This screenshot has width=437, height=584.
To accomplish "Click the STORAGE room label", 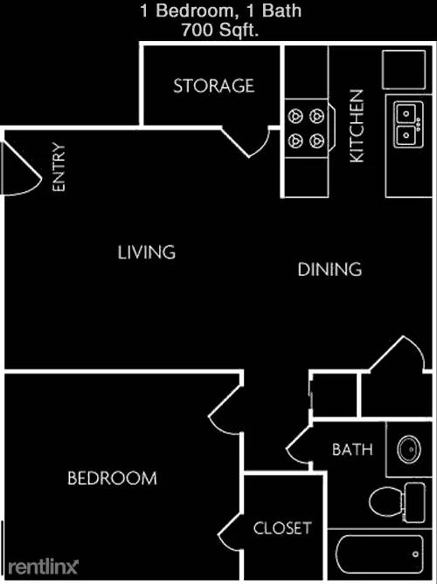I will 213,86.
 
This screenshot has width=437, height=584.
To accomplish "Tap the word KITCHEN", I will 357,126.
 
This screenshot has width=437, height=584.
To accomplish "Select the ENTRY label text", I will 59,167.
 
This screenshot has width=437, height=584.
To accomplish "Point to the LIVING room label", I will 147,252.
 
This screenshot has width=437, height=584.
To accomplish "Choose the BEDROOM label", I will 112,478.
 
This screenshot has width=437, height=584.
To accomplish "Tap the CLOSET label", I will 281,528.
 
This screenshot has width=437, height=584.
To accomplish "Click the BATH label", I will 352,450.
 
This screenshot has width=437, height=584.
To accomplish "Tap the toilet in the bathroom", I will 394,501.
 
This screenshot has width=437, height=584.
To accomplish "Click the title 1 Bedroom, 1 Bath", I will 218,11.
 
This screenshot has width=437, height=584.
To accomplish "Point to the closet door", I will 232,528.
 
